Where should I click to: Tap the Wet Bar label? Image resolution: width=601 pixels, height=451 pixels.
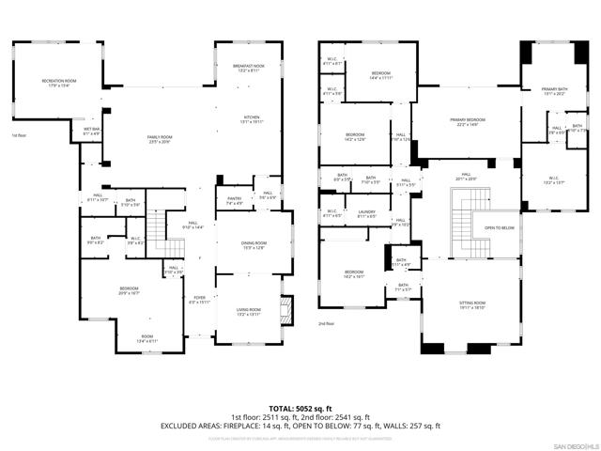[92, 132]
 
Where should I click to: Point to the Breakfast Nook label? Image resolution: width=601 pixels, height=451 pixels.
[249, 68]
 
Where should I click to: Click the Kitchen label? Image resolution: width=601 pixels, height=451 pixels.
[249, 119]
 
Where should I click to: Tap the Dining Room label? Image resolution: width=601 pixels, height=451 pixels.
[254, 245]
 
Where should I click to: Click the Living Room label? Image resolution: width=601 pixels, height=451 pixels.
[249, 312]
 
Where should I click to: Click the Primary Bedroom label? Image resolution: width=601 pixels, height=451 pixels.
[467, 122]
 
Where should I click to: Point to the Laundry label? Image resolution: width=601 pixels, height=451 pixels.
[366, 214]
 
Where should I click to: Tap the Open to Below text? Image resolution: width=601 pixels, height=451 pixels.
[500, 228]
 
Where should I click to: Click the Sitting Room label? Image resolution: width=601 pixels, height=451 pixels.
[471, 305]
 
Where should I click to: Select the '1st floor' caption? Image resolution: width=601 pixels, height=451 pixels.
[18, 136]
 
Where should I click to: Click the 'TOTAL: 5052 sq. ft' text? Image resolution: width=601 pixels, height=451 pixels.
[300, 409]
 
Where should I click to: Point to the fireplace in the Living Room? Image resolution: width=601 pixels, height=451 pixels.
[286, 311]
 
